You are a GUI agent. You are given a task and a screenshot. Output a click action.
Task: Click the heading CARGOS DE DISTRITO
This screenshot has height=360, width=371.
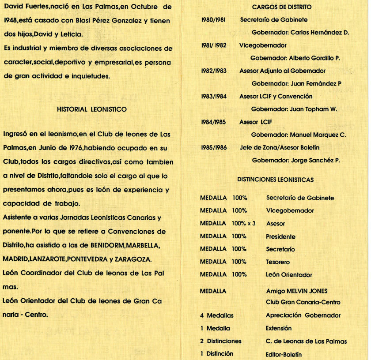click(281, 7)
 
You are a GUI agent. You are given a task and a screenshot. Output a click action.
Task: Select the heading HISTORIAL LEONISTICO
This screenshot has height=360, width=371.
click(92, 109)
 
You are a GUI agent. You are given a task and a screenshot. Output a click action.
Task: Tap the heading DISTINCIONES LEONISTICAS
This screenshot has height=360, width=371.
click(275, 180)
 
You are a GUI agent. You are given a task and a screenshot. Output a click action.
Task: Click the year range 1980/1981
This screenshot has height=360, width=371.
click(213, 20)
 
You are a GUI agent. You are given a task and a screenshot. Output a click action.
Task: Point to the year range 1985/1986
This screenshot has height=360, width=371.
click(213, 147)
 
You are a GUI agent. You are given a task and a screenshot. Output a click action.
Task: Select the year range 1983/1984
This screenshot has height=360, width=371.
click(213, 96)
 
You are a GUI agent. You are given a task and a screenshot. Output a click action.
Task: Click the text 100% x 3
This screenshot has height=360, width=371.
click(243, 224)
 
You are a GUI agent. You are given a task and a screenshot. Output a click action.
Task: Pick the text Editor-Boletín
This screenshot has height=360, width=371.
click(284, 354)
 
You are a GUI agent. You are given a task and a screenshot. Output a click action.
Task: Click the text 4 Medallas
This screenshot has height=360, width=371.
click(217, 315)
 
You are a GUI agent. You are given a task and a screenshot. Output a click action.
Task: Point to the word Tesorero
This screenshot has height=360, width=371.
click(278, 262)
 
